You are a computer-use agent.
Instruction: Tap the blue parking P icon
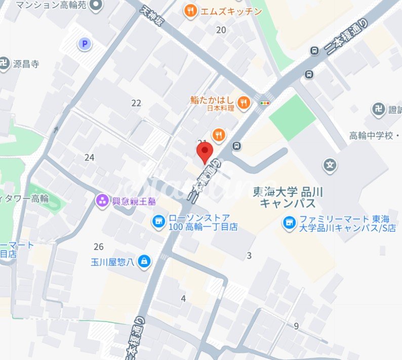85,45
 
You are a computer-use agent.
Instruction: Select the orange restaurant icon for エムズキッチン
190,11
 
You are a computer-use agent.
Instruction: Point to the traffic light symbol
264,103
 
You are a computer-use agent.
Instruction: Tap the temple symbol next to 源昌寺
4,64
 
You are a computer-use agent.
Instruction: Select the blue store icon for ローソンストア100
159,221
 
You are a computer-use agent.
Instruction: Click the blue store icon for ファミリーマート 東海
290,221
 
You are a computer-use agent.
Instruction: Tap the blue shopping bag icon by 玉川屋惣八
145,261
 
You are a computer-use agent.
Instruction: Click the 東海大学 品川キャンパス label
288,197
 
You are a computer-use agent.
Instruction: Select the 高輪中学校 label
375,136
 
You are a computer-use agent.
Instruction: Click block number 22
136,103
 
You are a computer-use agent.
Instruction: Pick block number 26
99,247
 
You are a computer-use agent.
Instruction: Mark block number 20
221,30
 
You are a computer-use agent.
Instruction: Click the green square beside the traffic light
292,117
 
